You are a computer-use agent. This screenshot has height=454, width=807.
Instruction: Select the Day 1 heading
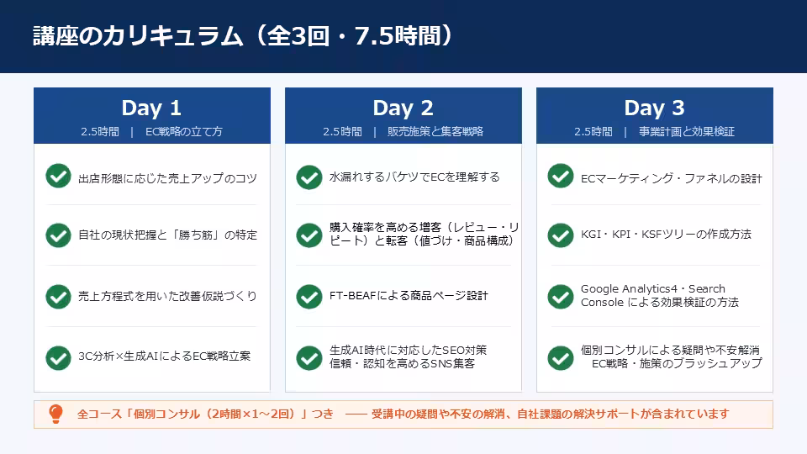(151, 108)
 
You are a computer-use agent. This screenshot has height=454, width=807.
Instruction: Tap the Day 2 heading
(403, 108)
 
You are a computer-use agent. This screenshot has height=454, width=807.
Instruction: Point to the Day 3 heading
(654, 108)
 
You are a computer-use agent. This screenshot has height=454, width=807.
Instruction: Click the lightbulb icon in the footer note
(55, 414)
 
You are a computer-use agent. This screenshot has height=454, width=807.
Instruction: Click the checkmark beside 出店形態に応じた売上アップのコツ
(58, 177)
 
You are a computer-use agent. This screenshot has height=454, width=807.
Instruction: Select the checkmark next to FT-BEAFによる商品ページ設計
(309, 296)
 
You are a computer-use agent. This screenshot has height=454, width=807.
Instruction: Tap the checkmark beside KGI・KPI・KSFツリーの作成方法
(561, 235)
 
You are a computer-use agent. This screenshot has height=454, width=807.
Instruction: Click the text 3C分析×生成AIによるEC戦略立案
(164, 356)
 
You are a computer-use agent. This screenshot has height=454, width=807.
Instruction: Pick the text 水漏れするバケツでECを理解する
(414, 177)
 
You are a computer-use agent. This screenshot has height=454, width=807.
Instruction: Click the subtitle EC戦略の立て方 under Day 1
(184, 132)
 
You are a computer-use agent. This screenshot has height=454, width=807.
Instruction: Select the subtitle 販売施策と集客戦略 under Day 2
(435, 132)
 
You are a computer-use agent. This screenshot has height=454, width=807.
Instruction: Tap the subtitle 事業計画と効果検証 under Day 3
(686, 132)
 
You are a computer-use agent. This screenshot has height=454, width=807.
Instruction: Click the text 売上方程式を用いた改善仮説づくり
(167, 296)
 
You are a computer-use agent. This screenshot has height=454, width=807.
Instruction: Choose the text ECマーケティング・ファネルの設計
(671, 178)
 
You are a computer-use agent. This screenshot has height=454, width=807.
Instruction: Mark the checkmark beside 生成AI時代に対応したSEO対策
(309, 357)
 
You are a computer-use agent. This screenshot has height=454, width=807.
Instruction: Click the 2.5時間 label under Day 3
(593, 132)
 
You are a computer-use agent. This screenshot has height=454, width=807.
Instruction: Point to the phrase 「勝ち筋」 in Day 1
(197, 235)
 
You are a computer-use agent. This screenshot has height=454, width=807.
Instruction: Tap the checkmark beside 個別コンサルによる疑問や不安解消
(561, 357)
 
